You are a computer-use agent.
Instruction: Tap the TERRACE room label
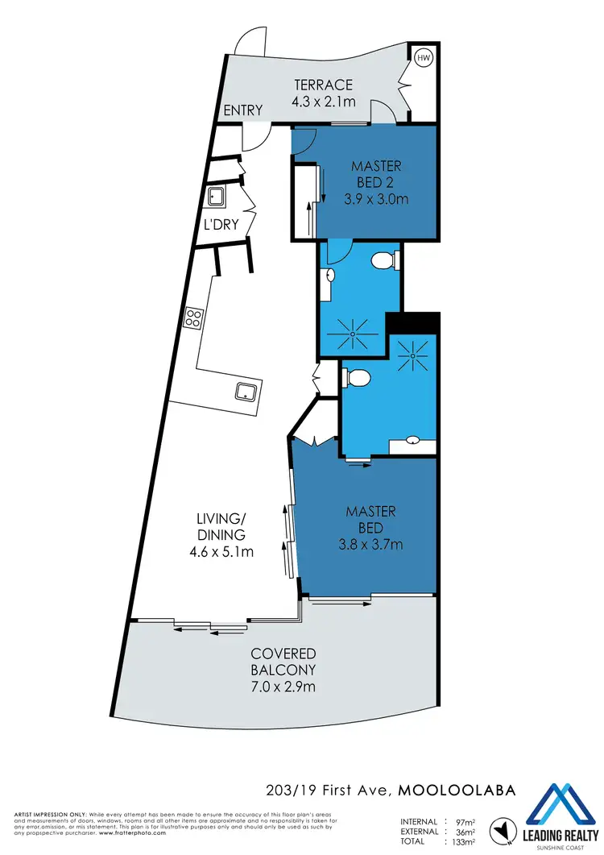pyautogui.click(x=324, y=85)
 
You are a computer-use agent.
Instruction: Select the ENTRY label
pyautogui.click(x=243, y=110)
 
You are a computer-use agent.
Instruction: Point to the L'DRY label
pyautogui.click(x=221, y=224)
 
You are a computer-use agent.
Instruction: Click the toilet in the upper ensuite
pyautogui.click(x=384, y=260)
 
